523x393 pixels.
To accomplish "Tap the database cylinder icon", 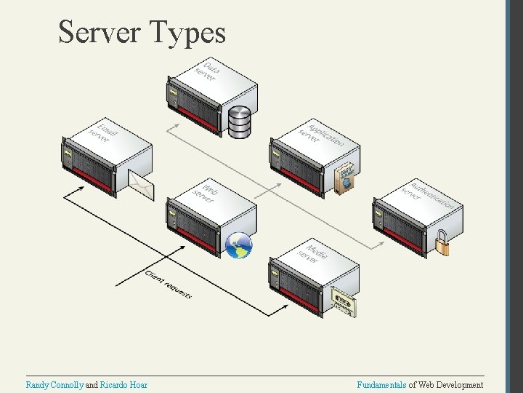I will point(240,122).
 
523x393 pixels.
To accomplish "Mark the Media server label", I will point(313,253).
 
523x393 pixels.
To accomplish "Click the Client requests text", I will point(169,285).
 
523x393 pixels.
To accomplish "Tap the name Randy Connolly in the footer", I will point(55,384).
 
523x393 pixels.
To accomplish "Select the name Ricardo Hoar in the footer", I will point(123,384).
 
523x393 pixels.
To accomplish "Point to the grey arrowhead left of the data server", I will point(169,129).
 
